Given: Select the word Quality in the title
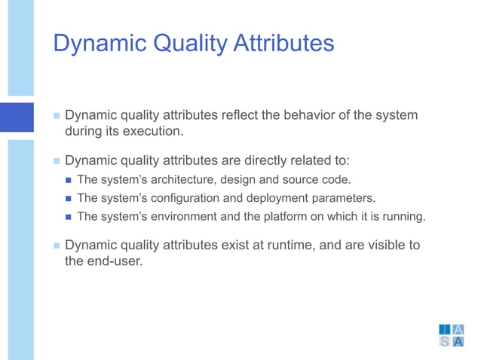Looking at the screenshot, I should coord(188,43).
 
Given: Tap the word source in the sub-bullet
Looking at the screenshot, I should coord(299,179).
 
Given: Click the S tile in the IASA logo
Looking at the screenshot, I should coord(445,342).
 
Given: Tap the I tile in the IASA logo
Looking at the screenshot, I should coord(445,329).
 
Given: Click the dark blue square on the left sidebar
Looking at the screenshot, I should coord(17,117).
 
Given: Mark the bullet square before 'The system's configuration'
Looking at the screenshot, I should coord(69,199).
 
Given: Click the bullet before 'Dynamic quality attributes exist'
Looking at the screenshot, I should coord(57,246).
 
